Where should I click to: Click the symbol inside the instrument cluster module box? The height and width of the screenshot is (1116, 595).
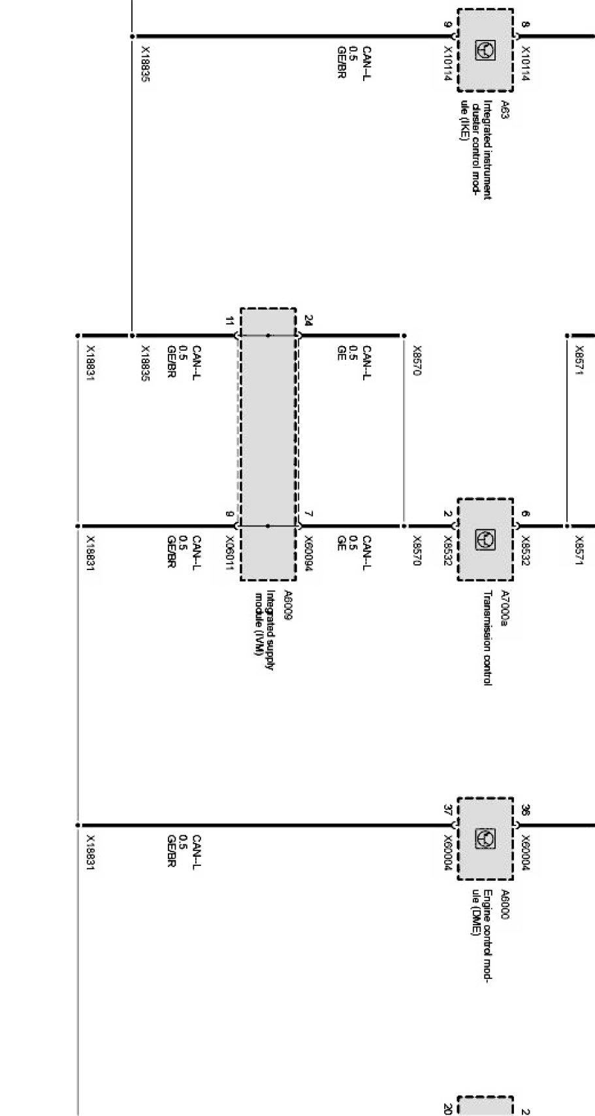(x=485, y=50)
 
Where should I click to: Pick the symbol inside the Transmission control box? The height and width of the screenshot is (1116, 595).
(x=485, y=539)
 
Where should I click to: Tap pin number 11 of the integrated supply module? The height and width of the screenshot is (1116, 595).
(x=229, y=321)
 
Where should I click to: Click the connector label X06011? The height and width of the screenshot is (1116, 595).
(x=229, y=554)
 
